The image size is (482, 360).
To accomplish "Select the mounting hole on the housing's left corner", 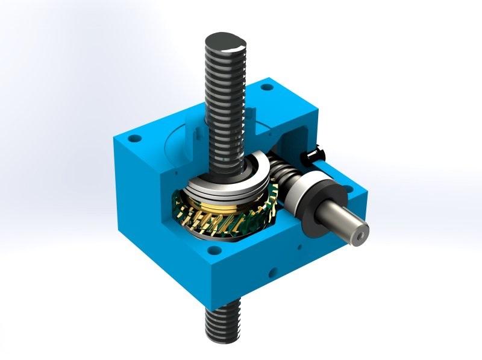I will (x=136, y=138).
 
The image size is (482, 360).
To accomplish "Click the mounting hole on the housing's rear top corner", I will (x=263, y=88).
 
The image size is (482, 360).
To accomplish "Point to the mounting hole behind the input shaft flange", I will (x=348, y=189).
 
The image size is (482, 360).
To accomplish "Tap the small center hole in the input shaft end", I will (x=360, y=232).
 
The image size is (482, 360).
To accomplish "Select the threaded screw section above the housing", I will (x=226, y=103).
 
